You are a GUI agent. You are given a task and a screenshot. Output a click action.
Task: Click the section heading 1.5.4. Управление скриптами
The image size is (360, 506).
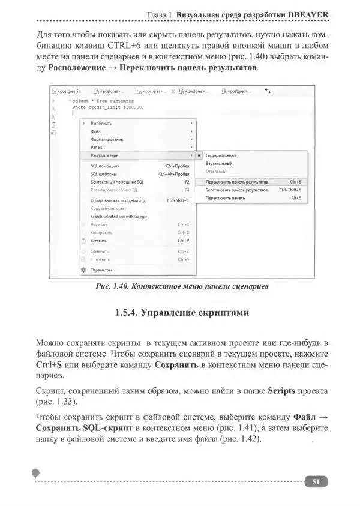pyautogui.click(x=181, y=313)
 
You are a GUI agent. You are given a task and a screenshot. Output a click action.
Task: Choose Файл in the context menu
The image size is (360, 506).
pyautogui.click(x=95, y=130)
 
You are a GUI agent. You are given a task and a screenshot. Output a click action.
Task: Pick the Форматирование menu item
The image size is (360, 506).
pyautogui.click(x=106, y=139)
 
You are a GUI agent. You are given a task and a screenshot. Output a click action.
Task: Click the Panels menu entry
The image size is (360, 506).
pyautogui.click(x=97, y=146)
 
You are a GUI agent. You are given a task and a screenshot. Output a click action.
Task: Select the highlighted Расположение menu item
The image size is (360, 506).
pyautogui.click(x=104, y=155)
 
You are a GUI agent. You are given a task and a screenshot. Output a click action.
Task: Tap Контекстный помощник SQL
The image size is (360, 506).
pyautogui.click(x=117, y=181)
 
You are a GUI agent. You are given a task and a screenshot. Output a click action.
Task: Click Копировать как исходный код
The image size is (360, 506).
pyautogui.click(x=118, y=200)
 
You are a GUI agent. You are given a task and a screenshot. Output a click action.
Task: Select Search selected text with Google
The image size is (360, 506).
pyautogui.click(x=119, y=217)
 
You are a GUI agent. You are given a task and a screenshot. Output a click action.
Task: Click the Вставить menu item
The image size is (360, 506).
pyautogui.click(x=98, y=241)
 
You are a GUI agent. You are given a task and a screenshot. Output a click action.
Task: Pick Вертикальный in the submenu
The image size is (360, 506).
pyautogui.click(x=220, y=163)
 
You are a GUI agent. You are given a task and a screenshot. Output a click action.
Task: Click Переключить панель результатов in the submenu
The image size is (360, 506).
pyautogui.click(x=236, y=181)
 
